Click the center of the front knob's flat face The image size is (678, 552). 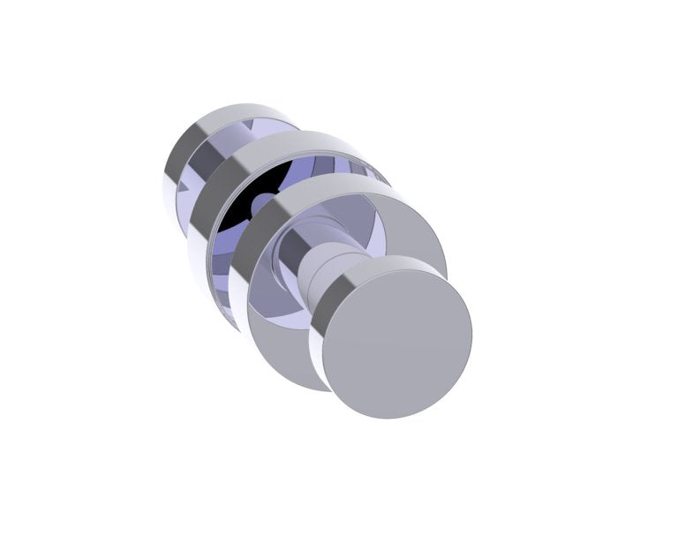396,344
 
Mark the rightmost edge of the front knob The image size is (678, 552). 471,336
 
